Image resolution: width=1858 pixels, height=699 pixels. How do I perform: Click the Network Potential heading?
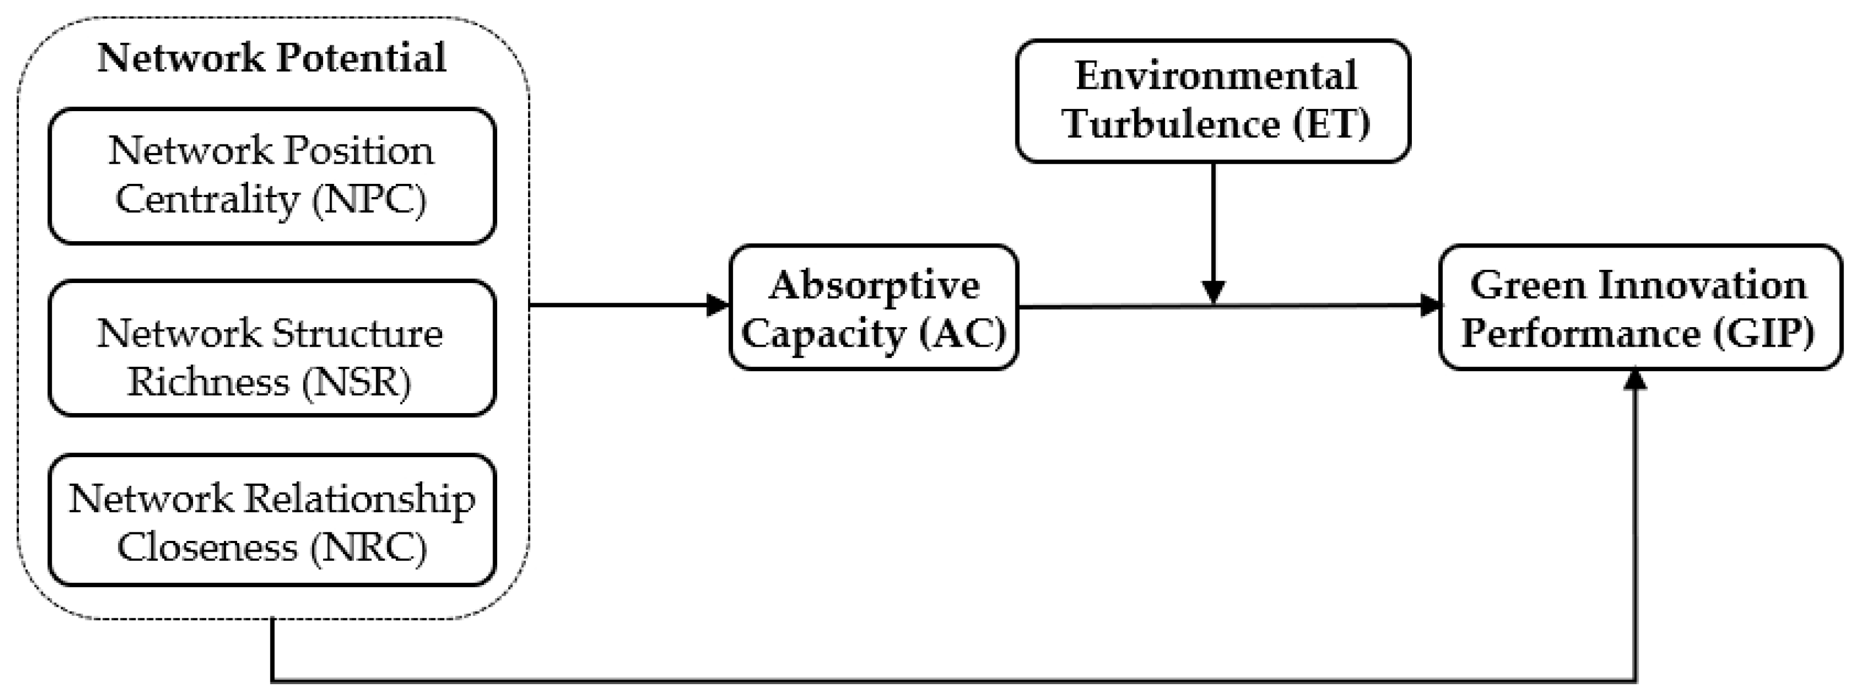(x=271, y=58)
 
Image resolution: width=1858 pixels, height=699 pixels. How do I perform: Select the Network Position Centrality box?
(x=272, y=175)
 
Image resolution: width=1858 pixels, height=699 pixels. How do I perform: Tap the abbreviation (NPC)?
(x=369, y=199)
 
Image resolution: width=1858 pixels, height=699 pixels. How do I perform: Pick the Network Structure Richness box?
(x=272, y=348)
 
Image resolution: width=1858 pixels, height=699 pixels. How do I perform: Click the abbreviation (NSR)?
(x=356, y=382)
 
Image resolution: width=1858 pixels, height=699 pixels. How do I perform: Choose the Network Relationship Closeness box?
(x=272, y=520)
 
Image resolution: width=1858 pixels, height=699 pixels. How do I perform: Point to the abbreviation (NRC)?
(x=369, y=548)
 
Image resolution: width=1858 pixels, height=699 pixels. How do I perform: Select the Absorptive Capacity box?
(x=873, y=307)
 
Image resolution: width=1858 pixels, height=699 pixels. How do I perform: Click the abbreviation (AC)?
(x=963, y=333)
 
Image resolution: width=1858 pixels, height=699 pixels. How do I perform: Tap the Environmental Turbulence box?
(x=1213, y=101)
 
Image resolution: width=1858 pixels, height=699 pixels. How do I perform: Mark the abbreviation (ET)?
(x=1330, y=123)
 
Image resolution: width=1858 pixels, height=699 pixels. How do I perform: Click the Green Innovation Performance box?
(x=1639, y=307)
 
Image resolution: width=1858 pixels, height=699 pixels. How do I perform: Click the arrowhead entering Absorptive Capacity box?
(x=718, y=305)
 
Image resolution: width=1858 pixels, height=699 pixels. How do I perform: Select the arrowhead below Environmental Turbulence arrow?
(x=1213, y=292)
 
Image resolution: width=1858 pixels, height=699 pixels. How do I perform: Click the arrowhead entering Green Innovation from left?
(x=1430, y=305)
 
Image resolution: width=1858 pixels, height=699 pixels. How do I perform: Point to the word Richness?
(x=208, y=382)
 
